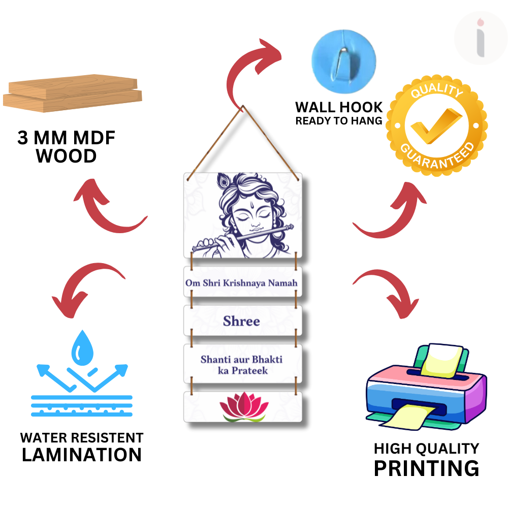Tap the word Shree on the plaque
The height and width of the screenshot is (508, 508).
[241, 321]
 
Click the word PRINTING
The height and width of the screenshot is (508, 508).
[426, 468]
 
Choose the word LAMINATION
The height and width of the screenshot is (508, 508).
[81, 455]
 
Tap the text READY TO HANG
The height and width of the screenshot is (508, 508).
[339, 121]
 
